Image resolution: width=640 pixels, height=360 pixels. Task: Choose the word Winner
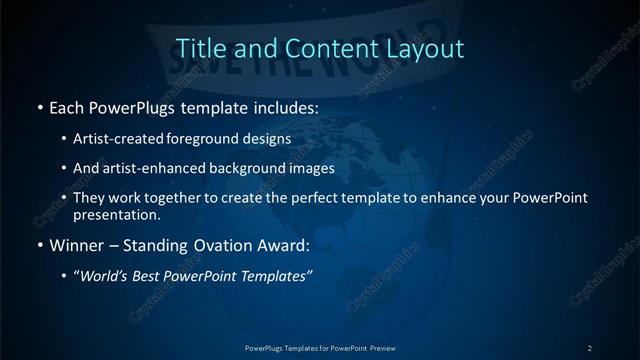(75, 244)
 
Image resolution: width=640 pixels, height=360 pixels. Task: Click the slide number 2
(590, 348)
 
